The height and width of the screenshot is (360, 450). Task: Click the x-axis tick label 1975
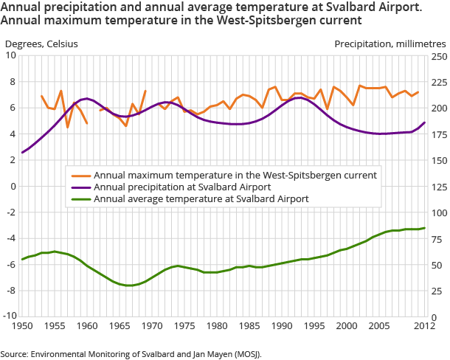click(184, 325)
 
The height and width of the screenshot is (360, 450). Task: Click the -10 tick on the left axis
click(10, 316)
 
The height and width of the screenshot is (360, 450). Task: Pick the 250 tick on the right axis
click(438, 55)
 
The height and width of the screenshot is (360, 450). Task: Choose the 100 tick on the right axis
click(438, 212)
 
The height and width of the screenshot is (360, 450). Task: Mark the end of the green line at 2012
click(424, 228)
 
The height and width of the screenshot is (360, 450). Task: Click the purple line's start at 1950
click(22, 153)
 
